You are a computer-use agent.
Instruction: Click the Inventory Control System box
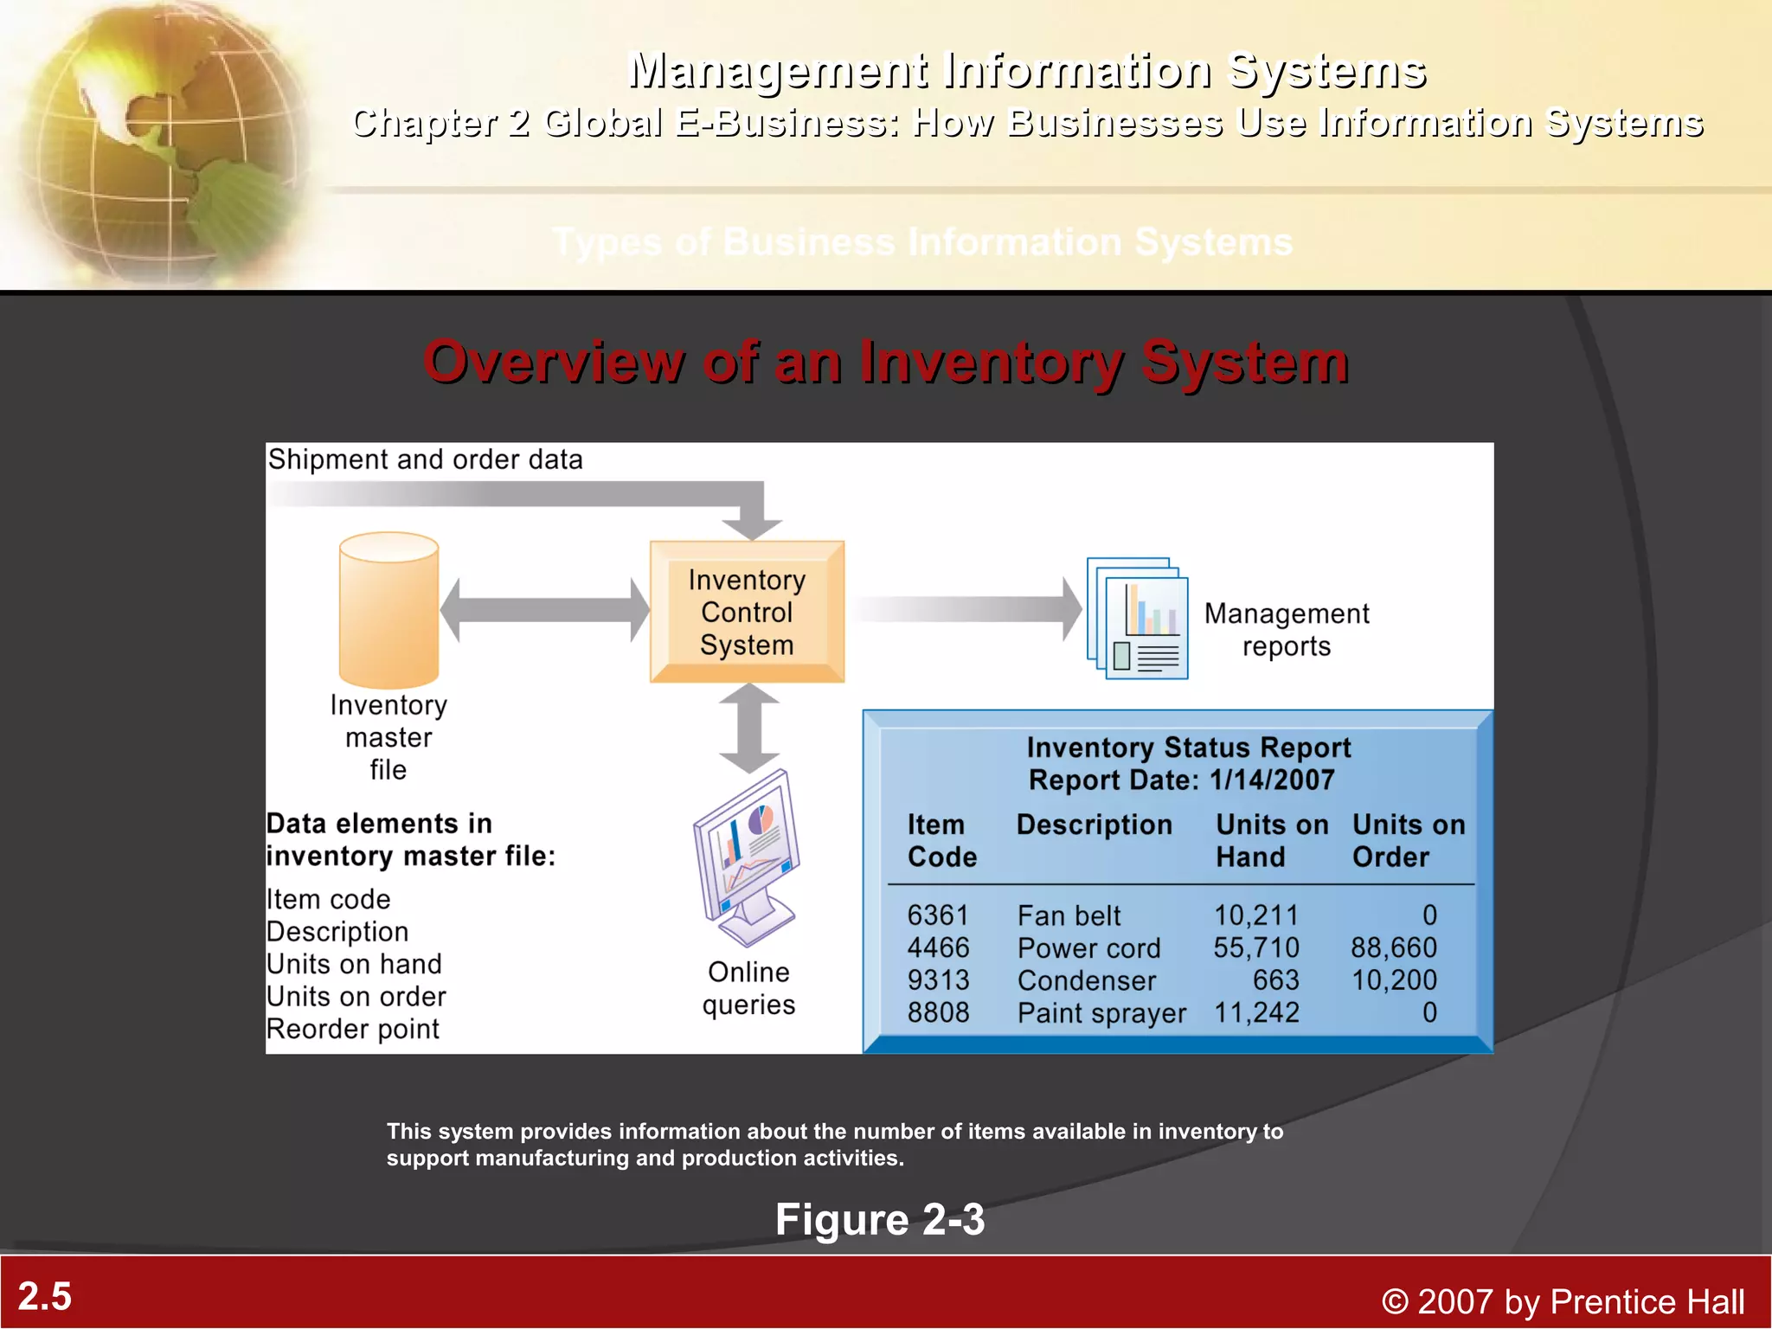(747, 612)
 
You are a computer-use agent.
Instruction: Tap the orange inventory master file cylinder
(388, 611)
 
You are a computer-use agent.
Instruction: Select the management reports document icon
(1138, 619)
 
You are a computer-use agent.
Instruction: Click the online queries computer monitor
(747, 857)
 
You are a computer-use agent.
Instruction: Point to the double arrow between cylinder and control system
(544, 610)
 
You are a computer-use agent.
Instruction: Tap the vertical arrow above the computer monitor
(749, 728)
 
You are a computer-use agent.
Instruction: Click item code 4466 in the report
(938, 948)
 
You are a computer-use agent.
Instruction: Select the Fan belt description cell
(1069, 915)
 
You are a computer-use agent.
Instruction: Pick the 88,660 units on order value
(1393, 948)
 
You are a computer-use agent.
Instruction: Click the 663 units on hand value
(1275, 980)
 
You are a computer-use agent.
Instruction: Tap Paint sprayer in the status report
(1101, 1013)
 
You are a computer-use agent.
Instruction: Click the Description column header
(1094, 825)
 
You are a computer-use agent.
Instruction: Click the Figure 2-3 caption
(879, 1220)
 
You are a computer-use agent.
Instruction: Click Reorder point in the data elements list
(353, 1030)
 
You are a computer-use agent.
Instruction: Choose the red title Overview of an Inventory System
(885, 362)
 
